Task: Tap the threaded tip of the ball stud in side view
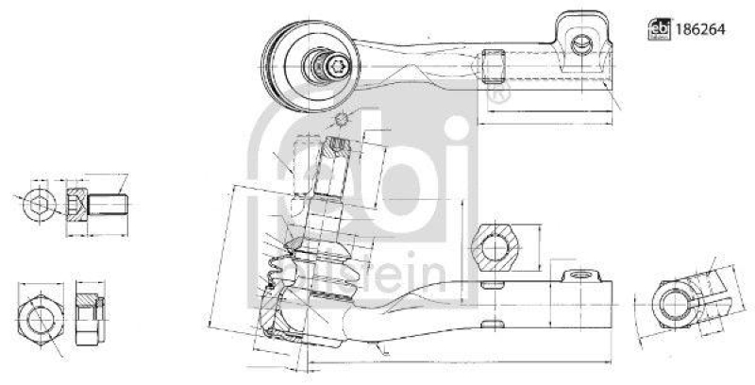click(336, 151)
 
